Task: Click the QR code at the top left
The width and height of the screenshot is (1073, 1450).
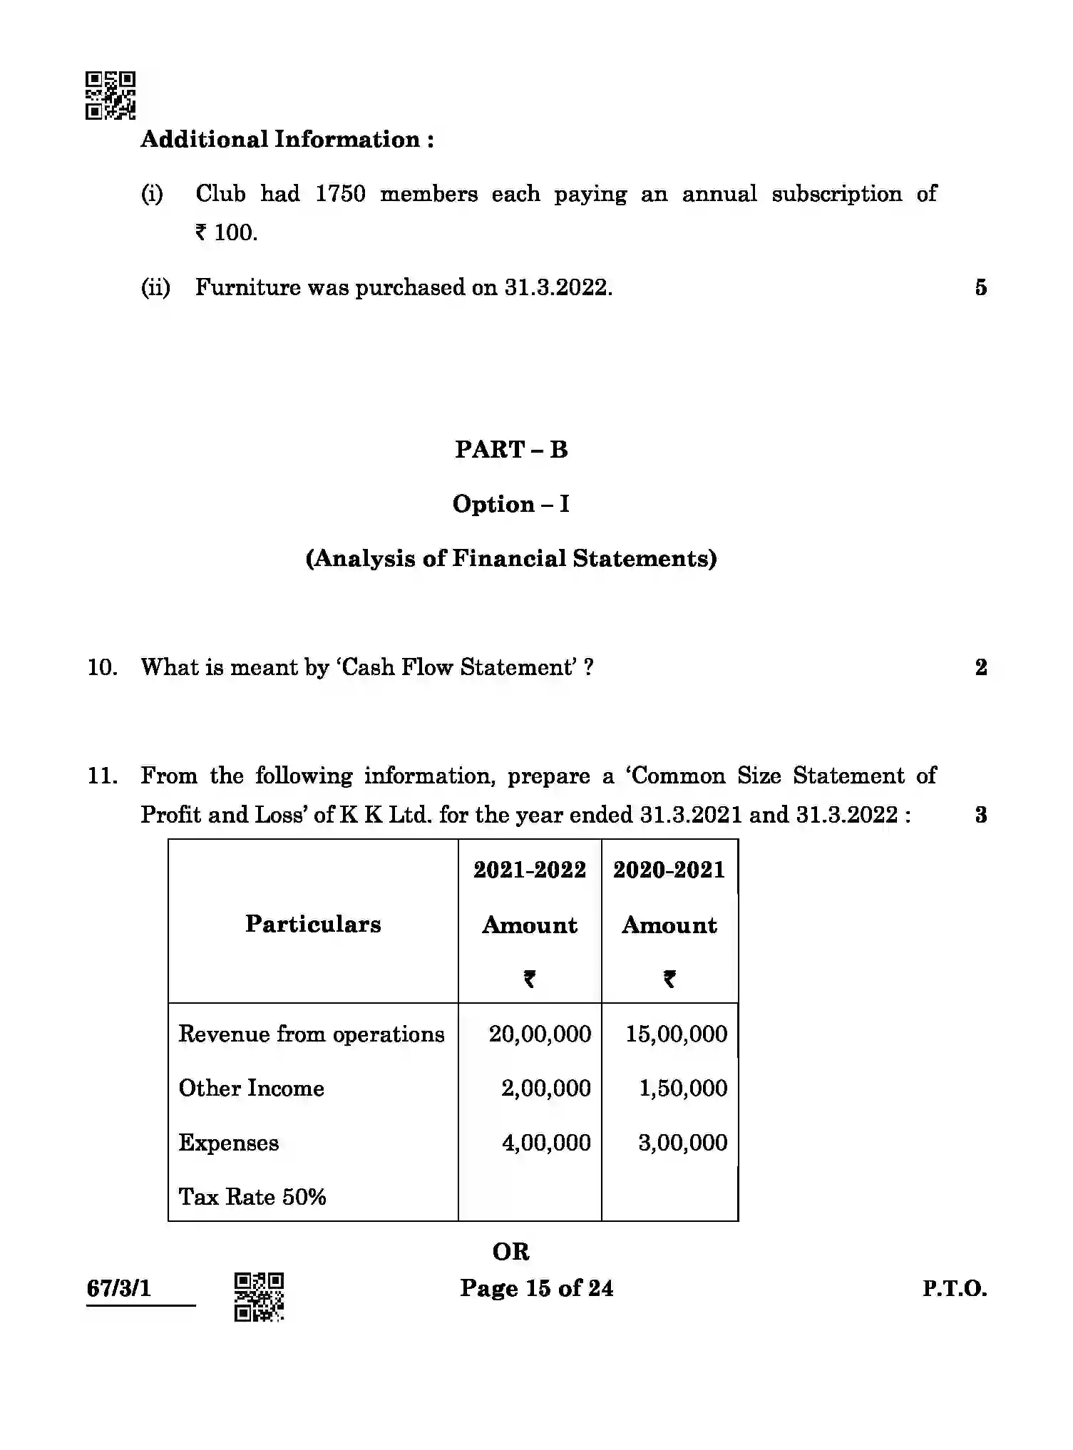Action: point(111,95)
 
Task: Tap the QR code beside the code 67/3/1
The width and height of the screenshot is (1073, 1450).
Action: point(259,1296)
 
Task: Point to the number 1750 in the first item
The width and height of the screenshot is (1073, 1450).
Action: point(340,194)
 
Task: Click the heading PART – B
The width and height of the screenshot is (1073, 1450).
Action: point(511,450)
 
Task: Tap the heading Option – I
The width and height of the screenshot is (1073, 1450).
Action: point(511,505)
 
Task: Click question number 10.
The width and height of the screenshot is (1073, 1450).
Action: point(102,668)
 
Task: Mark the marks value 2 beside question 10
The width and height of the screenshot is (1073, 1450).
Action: point(981,668)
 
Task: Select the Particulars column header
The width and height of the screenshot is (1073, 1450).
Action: point(313,925)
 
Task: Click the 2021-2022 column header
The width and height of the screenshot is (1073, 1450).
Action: point(530,870)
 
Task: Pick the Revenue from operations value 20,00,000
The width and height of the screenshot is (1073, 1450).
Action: point(540,1034)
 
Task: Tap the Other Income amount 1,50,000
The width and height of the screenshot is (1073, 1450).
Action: point(683,1089)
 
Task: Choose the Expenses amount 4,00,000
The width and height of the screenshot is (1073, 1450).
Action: point(546,1143)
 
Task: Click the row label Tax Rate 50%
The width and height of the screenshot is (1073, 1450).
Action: point(252,1197)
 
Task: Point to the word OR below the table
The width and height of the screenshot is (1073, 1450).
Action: point(511,1252)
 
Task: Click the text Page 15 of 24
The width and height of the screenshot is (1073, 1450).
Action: point(536,1288)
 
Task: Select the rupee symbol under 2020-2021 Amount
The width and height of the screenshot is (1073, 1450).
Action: point(669,979)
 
